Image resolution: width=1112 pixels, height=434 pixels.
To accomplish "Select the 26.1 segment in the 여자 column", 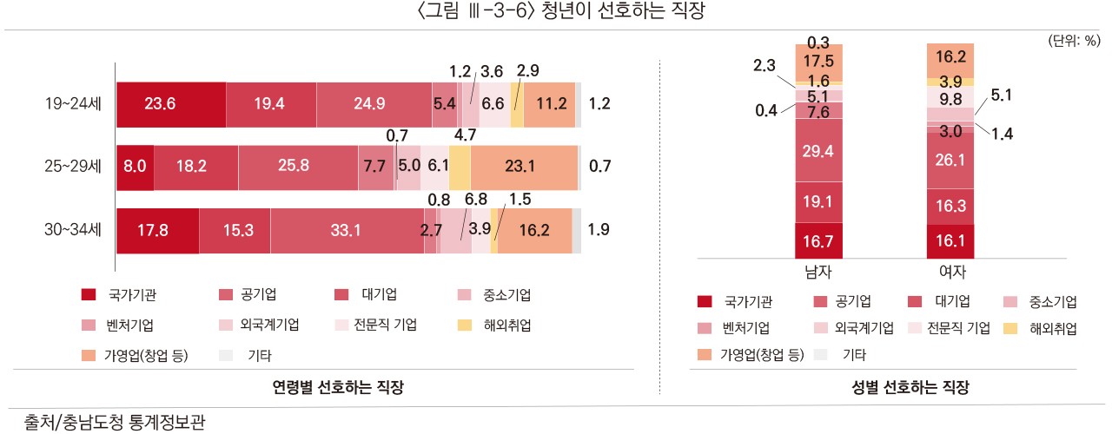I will [x=950, y=160].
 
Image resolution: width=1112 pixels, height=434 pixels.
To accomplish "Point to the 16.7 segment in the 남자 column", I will [x=817, y=240].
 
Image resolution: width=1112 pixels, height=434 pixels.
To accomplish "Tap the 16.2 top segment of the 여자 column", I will [x=950, y=59].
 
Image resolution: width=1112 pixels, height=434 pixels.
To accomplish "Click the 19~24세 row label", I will [x=74, y=104].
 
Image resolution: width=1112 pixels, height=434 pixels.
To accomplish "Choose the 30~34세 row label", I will [x=74, y=230].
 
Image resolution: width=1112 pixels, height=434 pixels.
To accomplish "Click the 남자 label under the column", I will [x=817, y=272].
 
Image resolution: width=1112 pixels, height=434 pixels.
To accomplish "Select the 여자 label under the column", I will [x=950, y=272].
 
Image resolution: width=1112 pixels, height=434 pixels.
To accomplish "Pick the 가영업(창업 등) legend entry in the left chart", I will [x=135, y=355].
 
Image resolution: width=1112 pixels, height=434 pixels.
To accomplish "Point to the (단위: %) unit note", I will [x=1075, y=40].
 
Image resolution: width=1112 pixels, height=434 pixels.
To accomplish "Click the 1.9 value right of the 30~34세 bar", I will [x=599, y=230].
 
